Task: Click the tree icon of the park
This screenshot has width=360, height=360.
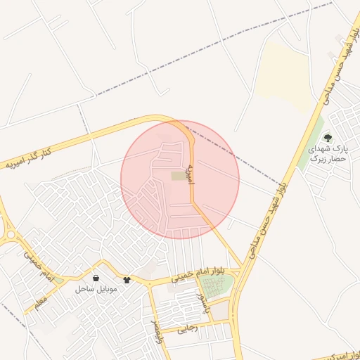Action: [328, 137]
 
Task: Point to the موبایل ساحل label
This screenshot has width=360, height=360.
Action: [96, 289]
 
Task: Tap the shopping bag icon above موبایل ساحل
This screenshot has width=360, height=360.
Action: [96, 279]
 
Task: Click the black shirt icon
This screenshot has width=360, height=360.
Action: [127, 279]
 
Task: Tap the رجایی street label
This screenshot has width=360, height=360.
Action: [188, 328]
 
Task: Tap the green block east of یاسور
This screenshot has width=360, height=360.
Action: [217, 285]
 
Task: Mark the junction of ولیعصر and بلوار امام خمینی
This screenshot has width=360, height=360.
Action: [150, 285]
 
